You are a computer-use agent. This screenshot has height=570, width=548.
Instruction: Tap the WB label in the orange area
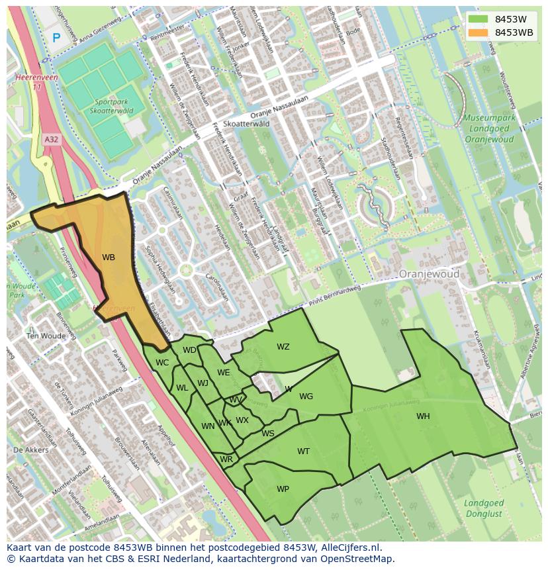coord(109,258)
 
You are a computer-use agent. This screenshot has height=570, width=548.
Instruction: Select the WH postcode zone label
coord(423,416)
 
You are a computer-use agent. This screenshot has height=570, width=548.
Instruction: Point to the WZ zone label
coord(283,347)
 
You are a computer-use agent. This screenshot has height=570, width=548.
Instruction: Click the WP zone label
coord(283,489)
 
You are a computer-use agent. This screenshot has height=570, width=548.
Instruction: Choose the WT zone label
coord(303,451)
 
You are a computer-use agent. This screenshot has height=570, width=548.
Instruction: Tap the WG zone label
coord(306,397)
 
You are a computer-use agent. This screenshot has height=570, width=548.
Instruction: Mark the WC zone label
coord(162,363)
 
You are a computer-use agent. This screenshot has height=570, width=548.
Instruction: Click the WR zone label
coord(226,459)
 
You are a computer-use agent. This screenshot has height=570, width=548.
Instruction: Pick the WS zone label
coord(267,434)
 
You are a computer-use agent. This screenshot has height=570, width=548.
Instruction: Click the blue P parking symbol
coord(56,38)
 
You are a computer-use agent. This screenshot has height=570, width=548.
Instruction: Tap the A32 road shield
coord(51,140)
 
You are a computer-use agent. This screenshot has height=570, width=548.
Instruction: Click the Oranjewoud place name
coord(429,273)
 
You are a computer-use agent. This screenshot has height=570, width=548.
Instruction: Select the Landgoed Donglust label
coord(484,508)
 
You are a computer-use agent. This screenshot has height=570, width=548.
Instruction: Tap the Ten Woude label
coord(46,336)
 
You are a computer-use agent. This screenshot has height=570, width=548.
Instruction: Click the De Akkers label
coord(30,450)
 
